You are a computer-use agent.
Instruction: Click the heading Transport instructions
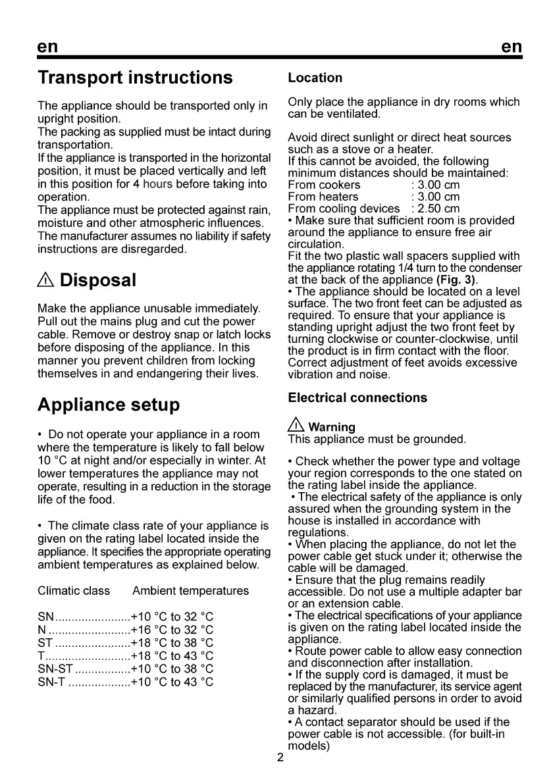135,78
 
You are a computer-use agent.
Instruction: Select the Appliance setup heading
109,404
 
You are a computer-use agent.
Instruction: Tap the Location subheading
315,78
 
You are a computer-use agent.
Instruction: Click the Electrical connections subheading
357,397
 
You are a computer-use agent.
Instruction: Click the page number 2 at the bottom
280,758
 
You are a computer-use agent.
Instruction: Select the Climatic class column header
74,591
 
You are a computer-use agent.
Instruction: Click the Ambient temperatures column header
190,591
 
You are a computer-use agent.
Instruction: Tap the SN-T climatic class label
52,682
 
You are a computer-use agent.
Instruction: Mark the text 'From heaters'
323,197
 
